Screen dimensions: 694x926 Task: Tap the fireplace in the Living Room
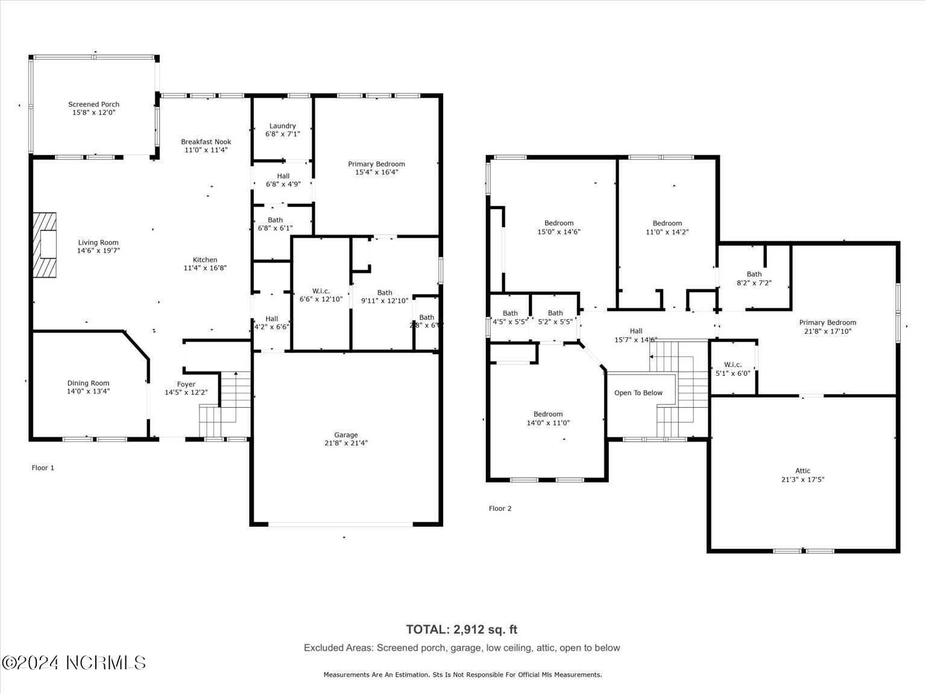(45, 245)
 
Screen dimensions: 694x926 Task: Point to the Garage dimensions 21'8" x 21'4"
(346, 443)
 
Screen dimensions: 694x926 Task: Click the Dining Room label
(88, 383)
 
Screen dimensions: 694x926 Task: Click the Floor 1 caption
(43, 468)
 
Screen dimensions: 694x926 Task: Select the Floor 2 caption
(500, 509)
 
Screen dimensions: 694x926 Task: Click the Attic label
(802, 471)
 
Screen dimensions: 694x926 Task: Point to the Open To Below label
(638, 393)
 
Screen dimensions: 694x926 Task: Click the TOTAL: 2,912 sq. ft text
(461, 630)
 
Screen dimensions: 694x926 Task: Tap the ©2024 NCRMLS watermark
(74, 663)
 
